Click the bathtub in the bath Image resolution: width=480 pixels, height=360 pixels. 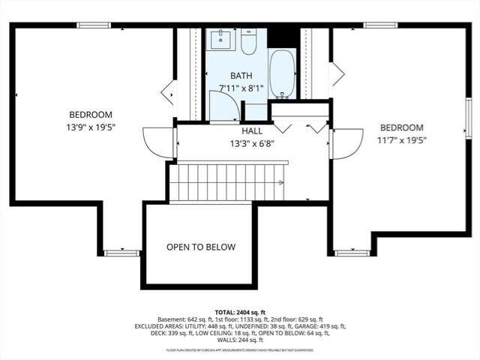282,73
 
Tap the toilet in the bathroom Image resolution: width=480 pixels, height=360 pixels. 248,41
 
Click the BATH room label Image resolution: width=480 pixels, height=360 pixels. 241,76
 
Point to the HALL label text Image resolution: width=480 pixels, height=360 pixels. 252,131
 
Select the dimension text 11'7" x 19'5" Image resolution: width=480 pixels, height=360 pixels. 401,139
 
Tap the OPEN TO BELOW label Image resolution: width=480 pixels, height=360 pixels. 200,247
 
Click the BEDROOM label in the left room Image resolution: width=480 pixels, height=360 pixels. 91,115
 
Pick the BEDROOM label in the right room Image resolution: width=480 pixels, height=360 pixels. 401,127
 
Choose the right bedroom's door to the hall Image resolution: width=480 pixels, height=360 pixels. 346,144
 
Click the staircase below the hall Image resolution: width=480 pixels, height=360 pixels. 228,182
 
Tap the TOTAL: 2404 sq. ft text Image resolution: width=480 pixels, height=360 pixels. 240,311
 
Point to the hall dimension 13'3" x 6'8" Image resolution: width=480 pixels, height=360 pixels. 252,143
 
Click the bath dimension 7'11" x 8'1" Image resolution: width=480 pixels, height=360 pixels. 241,87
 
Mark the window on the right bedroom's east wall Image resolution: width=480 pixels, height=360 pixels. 467,118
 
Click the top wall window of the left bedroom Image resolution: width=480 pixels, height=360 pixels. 94,25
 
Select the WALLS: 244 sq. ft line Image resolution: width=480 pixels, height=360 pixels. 240,340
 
